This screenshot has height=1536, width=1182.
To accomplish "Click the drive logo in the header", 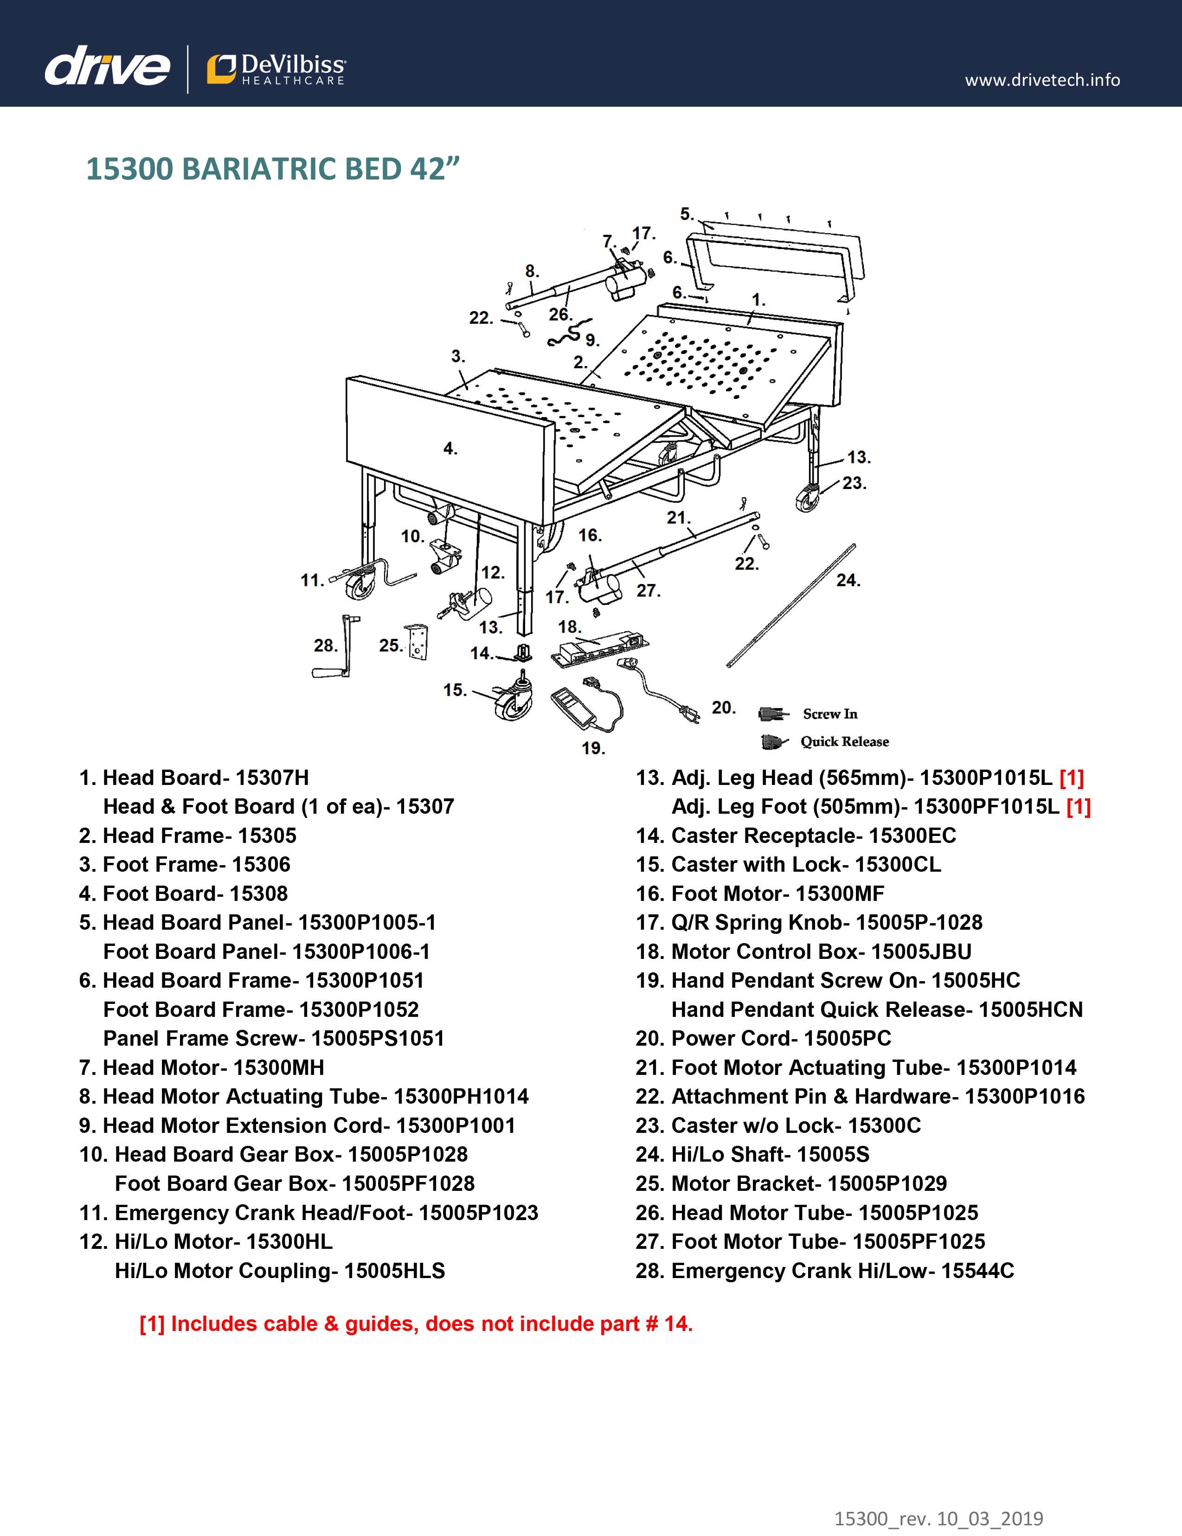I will [x=107, y=68].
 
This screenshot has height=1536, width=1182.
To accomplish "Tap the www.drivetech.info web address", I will [x=1042, y=80].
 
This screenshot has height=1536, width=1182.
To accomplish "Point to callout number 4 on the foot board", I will [x=450, y=449].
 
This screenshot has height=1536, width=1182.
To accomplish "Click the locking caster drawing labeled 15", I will [x=512, y=701].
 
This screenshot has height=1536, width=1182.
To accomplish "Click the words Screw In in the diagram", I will [x=830, y=714].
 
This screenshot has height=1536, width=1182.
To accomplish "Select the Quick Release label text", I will [x=844, y=742].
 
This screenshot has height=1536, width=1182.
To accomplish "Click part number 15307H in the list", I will [x=272, y=778].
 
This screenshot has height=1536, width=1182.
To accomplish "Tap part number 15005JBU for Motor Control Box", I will [x=921, y=951].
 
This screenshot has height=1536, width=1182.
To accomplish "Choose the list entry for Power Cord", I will [x=763, y=1039].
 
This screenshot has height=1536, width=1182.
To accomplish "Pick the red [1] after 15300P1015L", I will [x=1072, y=778].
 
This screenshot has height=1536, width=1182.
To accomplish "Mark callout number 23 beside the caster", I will [x=854, y=484].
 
